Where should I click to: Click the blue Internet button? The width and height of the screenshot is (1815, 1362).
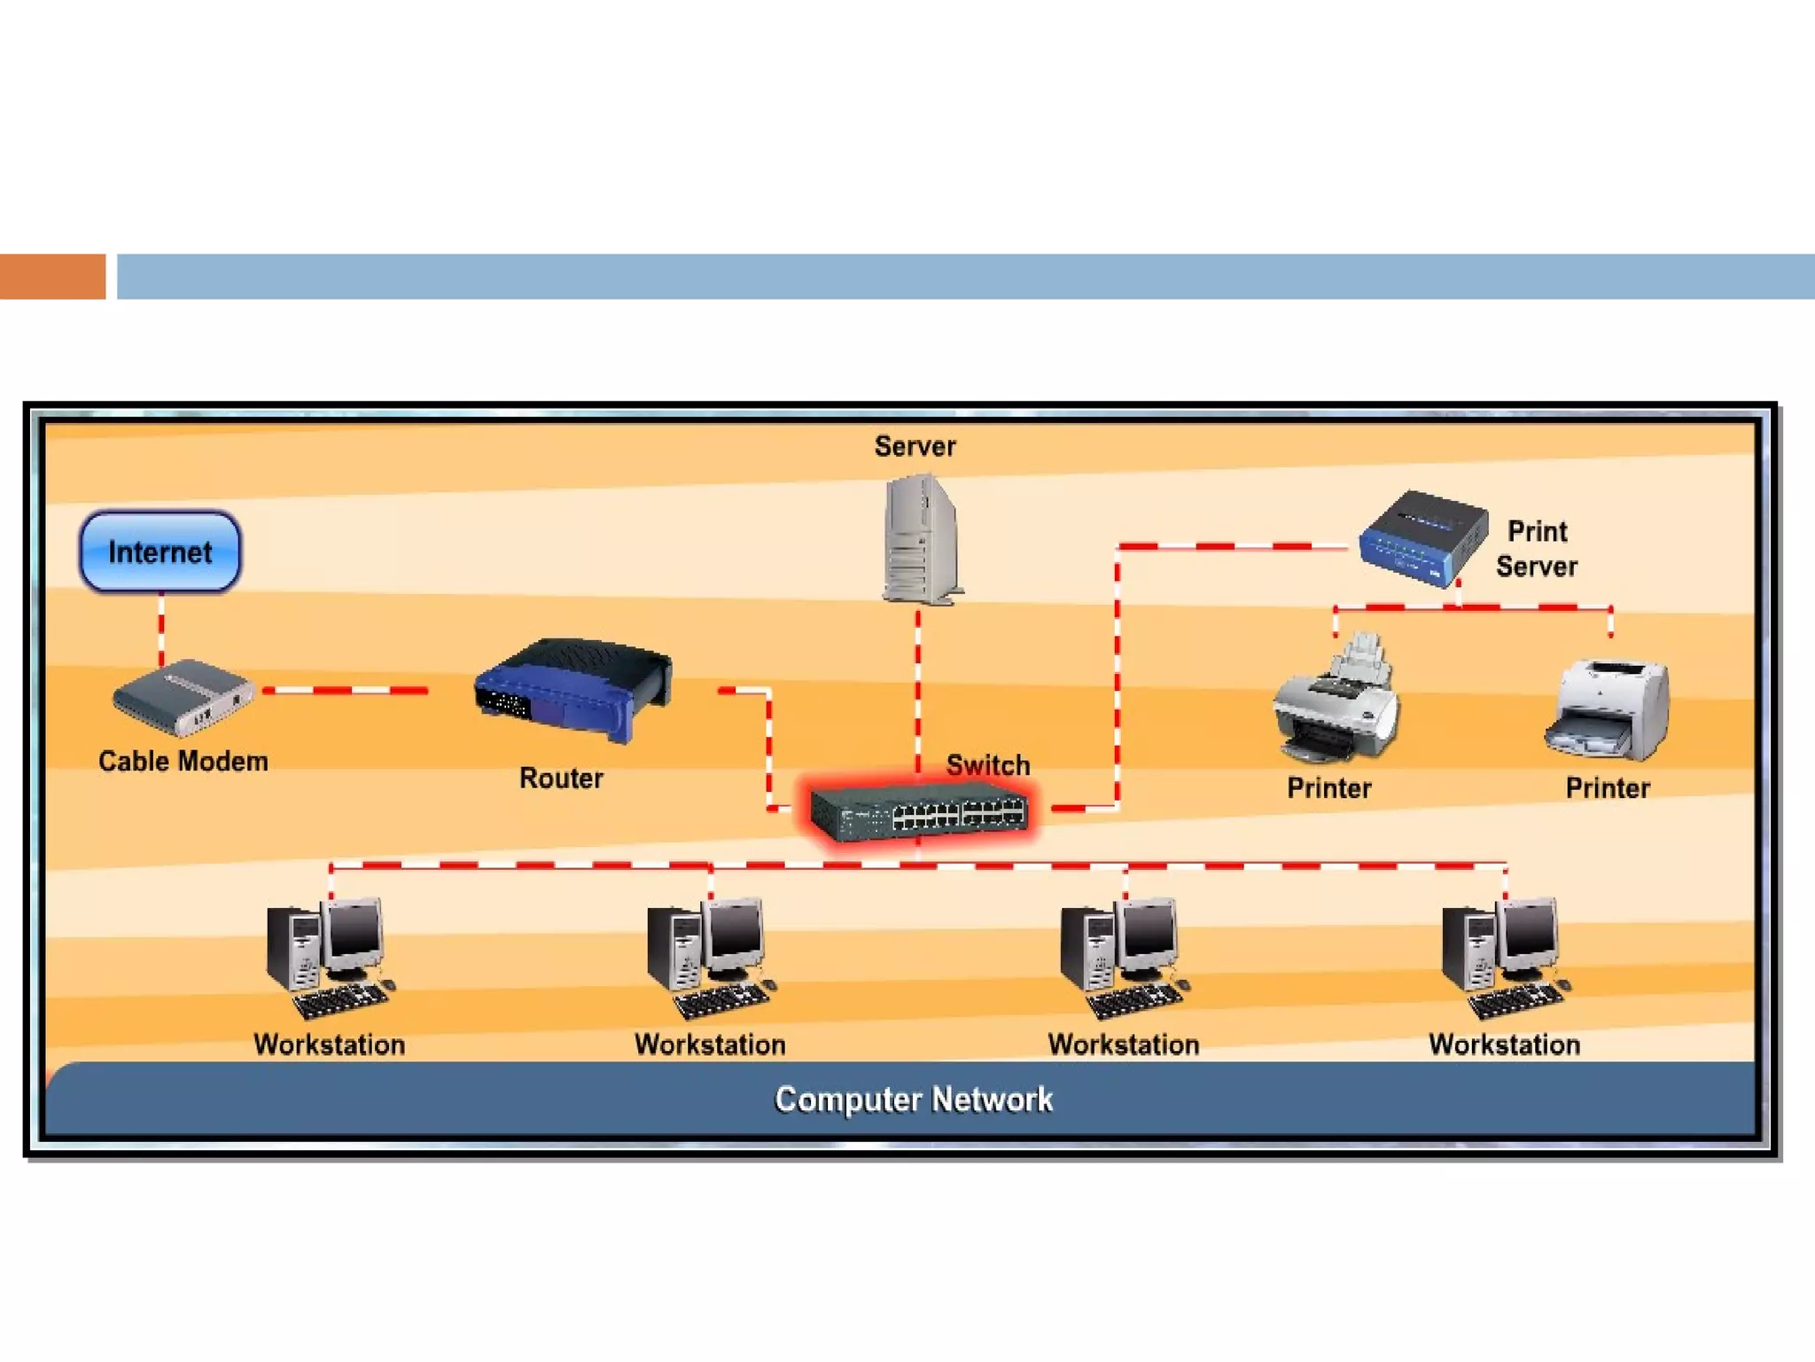coord(160,552)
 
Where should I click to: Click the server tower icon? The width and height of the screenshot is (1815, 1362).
coord(921,540)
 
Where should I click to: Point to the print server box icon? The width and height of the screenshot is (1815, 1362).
coord(1423,537)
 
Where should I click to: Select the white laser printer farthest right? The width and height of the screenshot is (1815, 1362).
coord(1609,710)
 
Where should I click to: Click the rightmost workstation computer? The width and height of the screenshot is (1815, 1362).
coord(1503,958)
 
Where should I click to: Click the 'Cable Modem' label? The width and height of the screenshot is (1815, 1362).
coord(183,762)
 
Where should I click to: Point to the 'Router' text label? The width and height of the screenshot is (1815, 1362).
coord(561,779)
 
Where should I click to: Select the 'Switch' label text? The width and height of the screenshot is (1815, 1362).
coord(988,764)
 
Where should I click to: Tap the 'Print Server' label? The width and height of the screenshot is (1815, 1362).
coord(1538,549)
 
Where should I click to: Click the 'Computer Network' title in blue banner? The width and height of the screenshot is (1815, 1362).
coord(914,1100)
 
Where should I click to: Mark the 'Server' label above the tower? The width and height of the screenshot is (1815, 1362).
coord(915,446)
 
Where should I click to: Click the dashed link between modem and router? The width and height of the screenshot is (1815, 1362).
coord(346,690)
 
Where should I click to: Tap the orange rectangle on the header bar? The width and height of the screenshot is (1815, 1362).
coord(52,277)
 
